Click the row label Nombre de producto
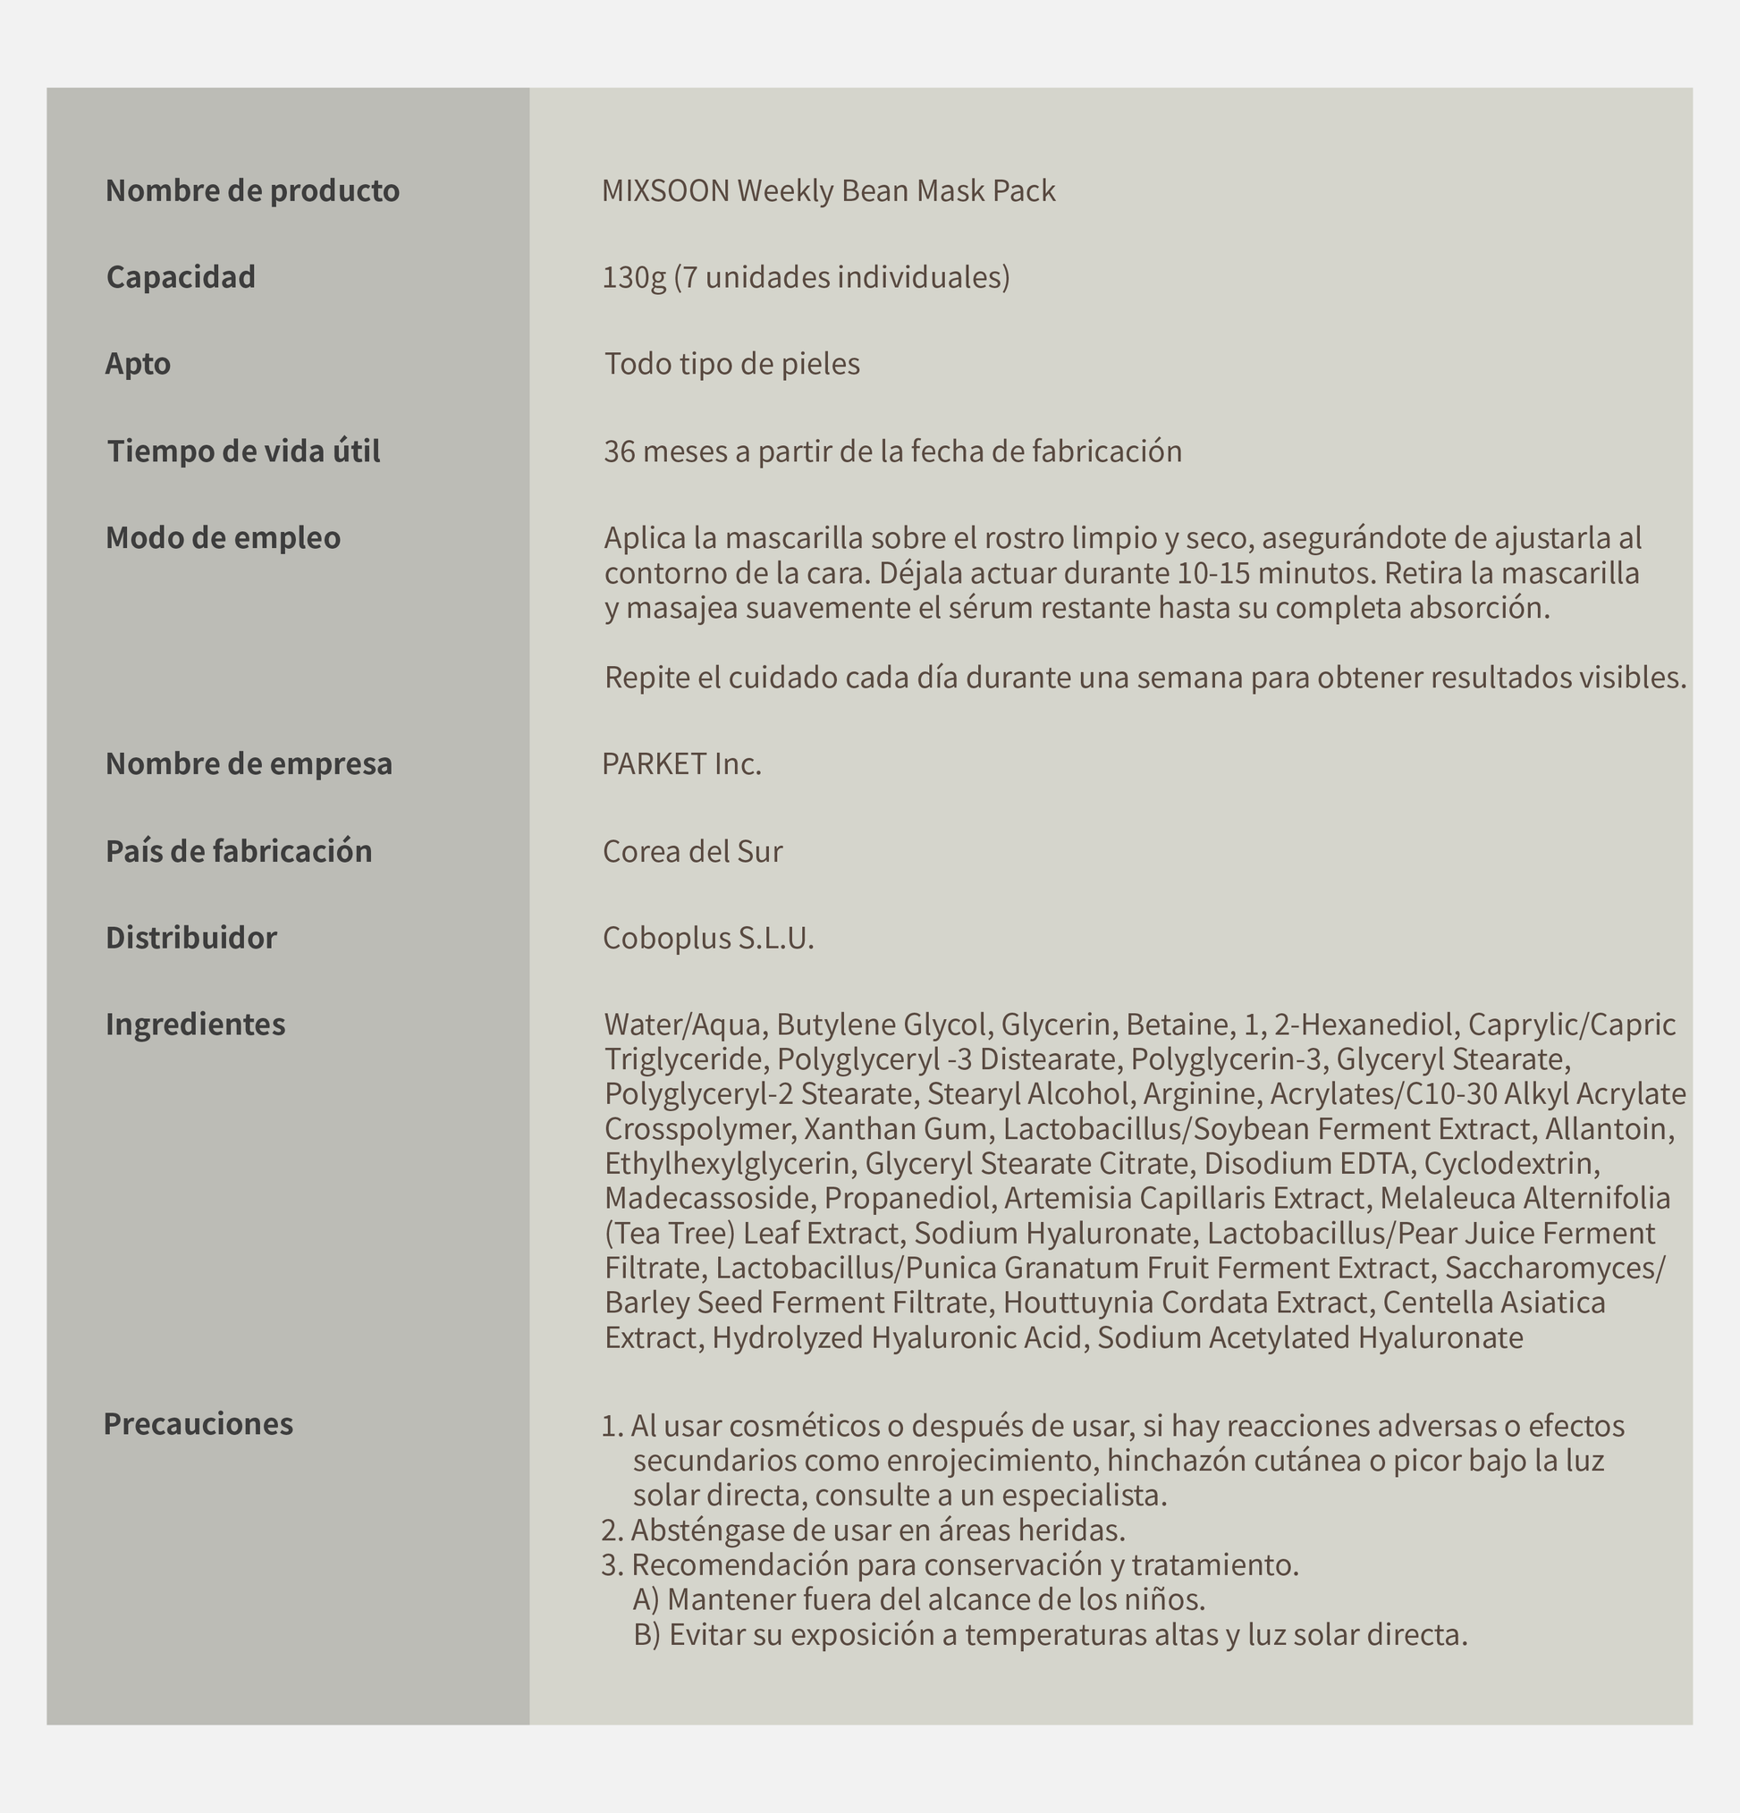click(x=252, y=190)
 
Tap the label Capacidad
click(x=182, y=276)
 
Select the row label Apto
click(x=138, y=364)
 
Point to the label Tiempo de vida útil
click(x=243, y=451)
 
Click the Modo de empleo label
click(x=223, y=537)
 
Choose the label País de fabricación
click(x=239, y=851)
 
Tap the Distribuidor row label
click(x=191, y=938)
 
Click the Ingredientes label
click(x=195, y=1024)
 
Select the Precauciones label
click(x=198, y=1423)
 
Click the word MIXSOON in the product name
click(x=665, y=190)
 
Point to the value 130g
click(x=634, y=277)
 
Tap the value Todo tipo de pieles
click(x=731, y=365)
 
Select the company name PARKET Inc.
click(x=681, y=764)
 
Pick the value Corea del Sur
click(x=692, y=851)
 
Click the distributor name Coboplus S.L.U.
click(x=708, y=938)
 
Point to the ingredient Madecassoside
click(x=707, y=1199)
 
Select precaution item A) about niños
click(x=919, y=1599)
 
